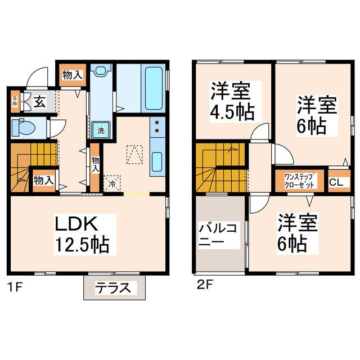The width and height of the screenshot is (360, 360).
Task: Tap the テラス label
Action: [x=116, y=289]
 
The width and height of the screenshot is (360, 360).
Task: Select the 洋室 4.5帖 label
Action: [x=232, y=101]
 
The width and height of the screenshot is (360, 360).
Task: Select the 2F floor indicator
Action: [x=205, y=286]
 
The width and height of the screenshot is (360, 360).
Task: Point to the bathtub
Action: [x=152, y=88]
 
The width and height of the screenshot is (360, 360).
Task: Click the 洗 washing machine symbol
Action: [x=101, y=130]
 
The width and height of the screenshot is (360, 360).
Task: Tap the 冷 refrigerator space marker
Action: [x=112, y=183]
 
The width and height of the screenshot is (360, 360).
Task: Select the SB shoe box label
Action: [x=15, y=102]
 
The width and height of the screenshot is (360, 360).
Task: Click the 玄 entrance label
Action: [x=39, y=102]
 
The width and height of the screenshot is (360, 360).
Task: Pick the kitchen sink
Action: [x=157, y=164]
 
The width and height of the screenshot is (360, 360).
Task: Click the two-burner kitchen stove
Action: [x=157, y=129]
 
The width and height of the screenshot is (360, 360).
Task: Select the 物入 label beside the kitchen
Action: [x=96, y=164]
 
